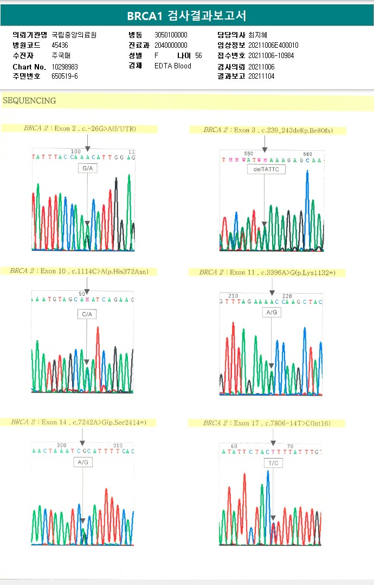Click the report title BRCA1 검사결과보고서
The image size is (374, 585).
click(186, 16)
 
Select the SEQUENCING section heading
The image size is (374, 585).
click(29, 101)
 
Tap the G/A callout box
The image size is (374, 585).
click(87, 169)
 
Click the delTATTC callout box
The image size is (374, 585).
click(265, 169)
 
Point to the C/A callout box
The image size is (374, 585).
click(87, 314)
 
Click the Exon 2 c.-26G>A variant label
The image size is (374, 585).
click(80, 129)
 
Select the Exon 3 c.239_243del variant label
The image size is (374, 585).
click(267, 130)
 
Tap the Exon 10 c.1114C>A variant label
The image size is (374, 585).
click(79, 271)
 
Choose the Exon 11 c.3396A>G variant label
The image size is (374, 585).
click(267, 272)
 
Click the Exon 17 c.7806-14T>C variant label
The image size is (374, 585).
click(267, 423)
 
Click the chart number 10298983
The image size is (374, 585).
click(65, 66)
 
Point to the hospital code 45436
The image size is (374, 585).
click(60, 45)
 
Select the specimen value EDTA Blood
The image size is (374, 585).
click(173, 66)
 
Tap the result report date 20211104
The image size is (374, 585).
click(261, 77)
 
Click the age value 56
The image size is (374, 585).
click(198, 55)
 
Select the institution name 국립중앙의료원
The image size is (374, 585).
click(74, 35)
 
